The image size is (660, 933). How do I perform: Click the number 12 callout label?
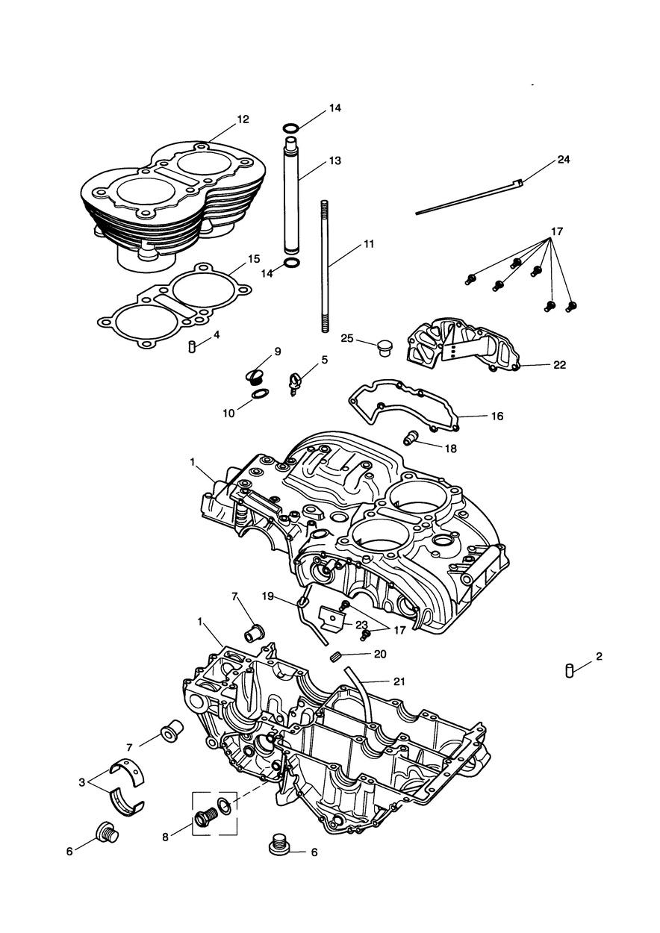click(x=243, y=119)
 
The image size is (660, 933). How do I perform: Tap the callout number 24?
click(x=563, y=160)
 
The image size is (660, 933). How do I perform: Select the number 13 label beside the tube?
click(x=334, y=160)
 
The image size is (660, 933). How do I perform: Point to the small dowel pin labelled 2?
click(x=569, y=670)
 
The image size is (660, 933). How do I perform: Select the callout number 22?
click(x=559, y=365)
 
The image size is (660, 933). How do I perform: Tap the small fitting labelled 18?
click(x=410, y=438)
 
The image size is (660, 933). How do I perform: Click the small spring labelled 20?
click(x=336, y=657)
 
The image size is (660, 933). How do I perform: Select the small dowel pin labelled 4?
click(x=192, y=347)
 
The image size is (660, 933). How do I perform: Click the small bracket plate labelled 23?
click(x=331, y=617)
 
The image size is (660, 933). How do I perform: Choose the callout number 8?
click(x=166, y=837)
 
